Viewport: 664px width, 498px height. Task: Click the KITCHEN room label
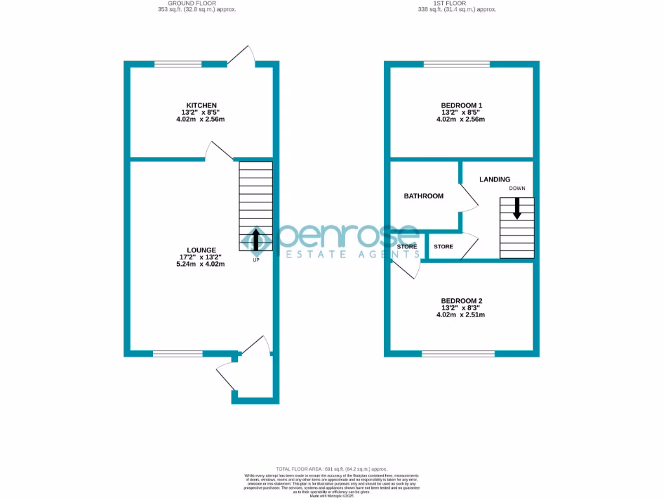click(x=201, y=105)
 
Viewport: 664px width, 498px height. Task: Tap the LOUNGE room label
click(x=201, y=250)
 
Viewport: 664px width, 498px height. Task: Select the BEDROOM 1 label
click(x=462, y=105)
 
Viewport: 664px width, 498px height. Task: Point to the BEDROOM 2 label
click(x=462, y=301)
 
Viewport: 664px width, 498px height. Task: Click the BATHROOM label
click(x=423, y=196)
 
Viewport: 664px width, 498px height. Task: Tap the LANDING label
click(x=495, y=180)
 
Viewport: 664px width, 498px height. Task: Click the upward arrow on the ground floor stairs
click(x=255, y=239)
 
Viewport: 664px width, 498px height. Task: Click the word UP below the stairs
click(x=256, y=261)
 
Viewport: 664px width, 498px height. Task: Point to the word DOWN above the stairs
click(x=517, y=189)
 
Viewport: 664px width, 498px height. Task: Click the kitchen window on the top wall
click(x=177, y=64)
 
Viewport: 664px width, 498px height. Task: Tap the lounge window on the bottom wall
click(x=178, y=353)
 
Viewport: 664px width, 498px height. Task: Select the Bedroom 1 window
click(x=457, y=64)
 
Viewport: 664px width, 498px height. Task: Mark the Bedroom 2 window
click(x=458, y=353)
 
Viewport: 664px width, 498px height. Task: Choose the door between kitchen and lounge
click(x=219, y=151)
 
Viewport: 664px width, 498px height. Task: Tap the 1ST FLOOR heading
click(x=456, y=3)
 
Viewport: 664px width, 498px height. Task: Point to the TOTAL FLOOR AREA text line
click(x=331, y=469)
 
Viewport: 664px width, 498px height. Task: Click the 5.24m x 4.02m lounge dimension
click(x=201, y=264)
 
